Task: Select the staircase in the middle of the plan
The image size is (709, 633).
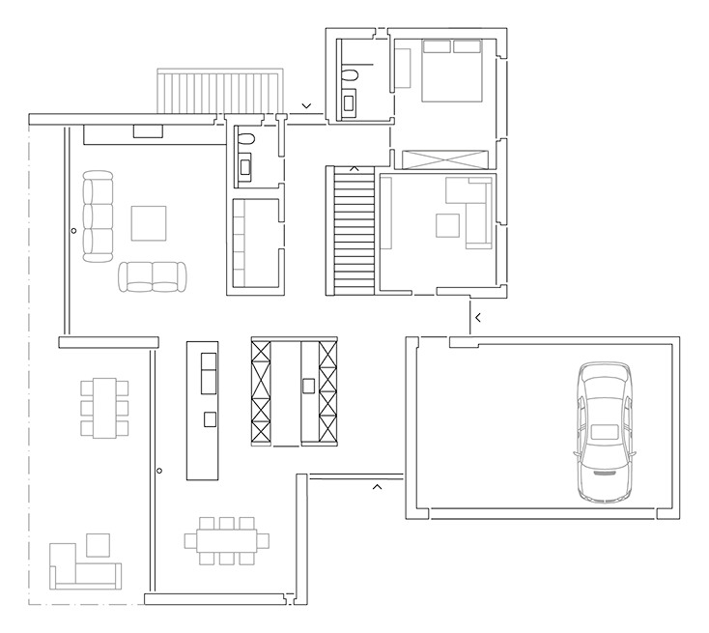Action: pyautogui.click(x=353, y=230)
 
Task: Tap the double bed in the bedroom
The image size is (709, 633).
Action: pyautogui.click(x=451, y=69)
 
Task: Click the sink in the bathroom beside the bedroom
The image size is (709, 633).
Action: pyautogui.click(x=348, y=101)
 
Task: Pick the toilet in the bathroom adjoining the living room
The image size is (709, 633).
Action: pyautogui.click(x=244, y=140)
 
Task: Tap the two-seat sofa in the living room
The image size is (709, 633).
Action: pyautogui.click(x=153, y=276)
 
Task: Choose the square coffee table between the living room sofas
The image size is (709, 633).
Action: pyautogui.click(x=149, y=222)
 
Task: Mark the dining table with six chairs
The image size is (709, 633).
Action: pyautogui.click(x=103, y=407)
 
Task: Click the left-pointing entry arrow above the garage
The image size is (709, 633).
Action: pyautogui.click(x=476, y=317)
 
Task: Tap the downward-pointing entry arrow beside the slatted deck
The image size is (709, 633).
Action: pyautogui.click(x=306, y=105)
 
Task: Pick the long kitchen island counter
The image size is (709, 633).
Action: pyautogui.click(x=202, y=409)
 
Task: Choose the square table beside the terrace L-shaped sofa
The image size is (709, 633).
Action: pyautogui.click(x=98, y=545)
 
